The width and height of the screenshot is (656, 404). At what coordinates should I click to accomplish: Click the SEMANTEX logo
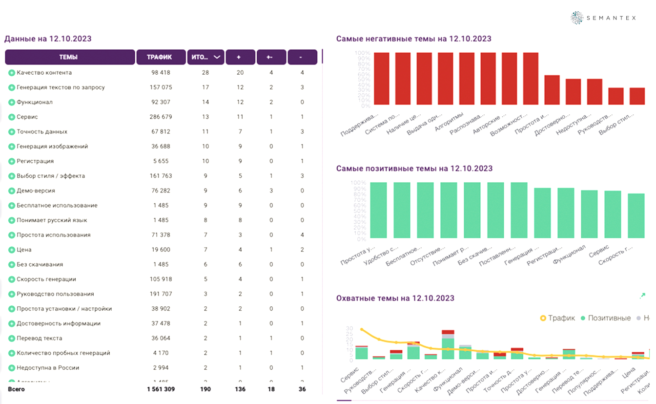pos(603,18)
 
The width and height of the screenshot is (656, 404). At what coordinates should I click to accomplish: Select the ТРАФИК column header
pos(161,57)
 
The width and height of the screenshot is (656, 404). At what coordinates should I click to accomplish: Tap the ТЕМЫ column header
pos(69,57)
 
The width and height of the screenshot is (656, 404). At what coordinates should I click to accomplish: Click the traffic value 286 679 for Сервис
pos(161,117)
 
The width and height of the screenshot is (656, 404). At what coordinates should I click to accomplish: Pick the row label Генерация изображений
pos(52,147)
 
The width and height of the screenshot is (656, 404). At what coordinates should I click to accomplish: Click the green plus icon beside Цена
pos(12,250)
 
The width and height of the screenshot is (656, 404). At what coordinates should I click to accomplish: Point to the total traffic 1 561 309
pos(161,389)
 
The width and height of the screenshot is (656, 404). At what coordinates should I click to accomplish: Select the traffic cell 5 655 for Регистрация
pos(161,161)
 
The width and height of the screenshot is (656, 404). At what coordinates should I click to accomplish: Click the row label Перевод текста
pos(39,338)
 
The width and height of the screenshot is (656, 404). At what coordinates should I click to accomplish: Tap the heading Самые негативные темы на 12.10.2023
pos(413,39)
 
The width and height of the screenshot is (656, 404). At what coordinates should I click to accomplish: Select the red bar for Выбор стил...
pos(637,96)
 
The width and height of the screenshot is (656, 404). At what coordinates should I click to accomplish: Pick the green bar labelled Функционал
pos(589,214)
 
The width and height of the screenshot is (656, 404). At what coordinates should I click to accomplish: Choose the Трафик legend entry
pos(557,318)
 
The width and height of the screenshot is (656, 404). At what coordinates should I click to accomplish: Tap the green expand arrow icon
pos(642,296)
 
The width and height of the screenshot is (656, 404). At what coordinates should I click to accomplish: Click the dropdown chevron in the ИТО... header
pos(217,57)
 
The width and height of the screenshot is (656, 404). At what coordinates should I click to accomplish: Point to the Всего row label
pos(16,389)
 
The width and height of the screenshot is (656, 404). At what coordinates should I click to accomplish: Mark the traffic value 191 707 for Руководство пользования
pos(161,294)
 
